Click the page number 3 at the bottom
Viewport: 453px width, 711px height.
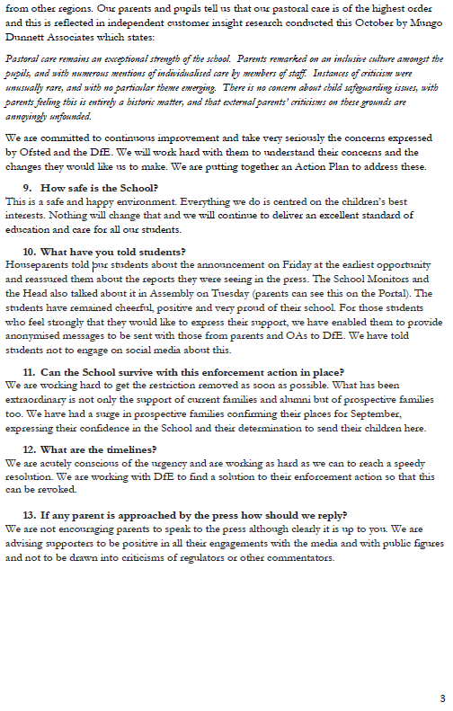pos(441,698)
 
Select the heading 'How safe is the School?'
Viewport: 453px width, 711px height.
pos(100,187)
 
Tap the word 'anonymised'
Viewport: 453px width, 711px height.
pos(34,335)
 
